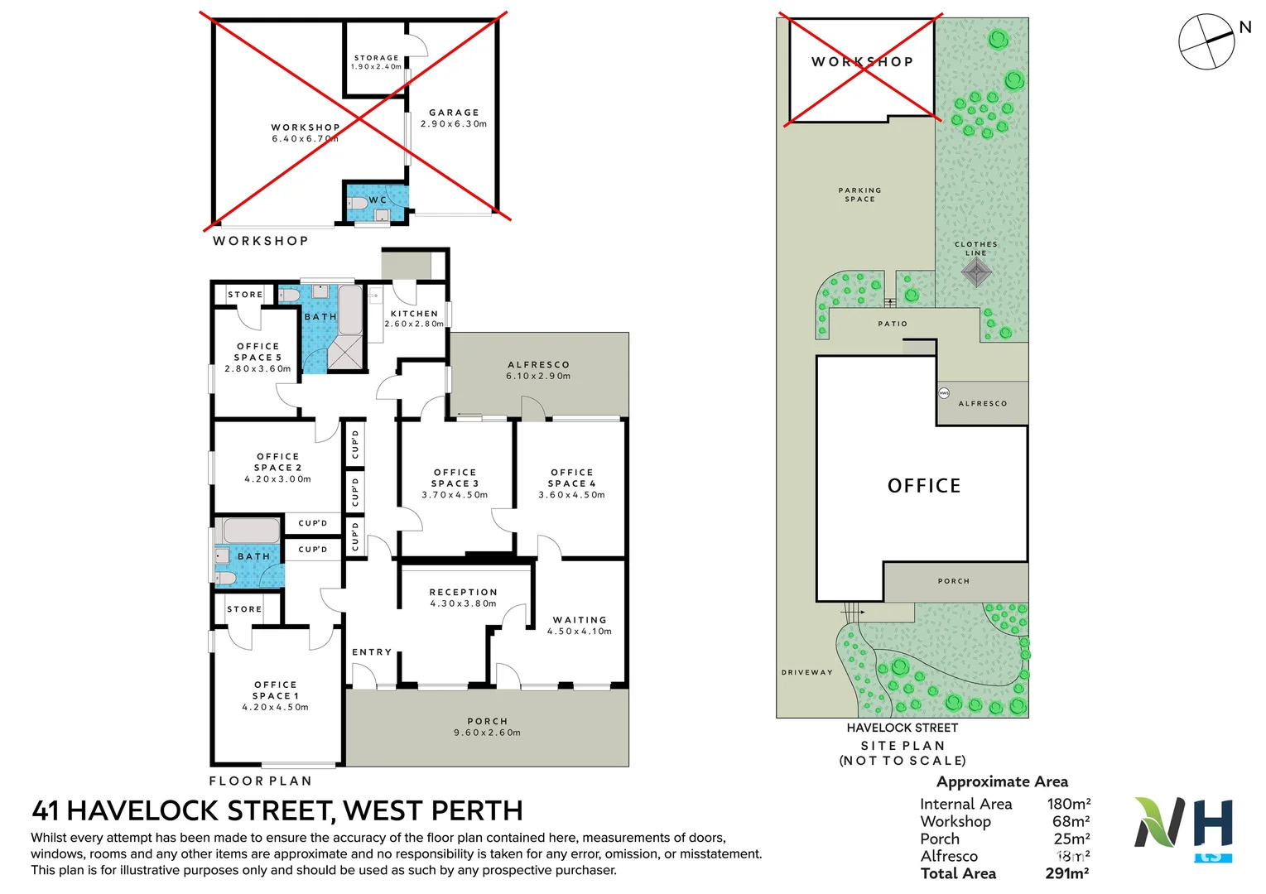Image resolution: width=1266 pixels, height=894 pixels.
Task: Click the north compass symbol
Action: (1208, 41)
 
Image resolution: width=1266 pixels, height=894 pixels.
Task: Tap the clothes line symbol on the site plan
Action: (976, 272)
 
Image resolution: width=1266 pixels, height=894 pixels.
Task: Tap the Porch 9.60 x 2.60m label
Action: (487, 727)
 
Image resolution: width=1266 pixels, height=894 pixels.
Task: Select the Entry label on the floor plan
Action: (372, 652)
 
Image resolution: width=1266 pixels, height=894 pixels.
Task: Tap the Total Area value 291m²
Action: (1066, 873)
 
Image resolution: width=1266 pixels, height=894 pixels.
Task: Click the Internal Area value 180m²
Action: (1069, 804)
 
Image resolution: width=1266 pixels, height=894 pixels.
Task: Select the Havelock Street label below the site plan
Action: (902, 728)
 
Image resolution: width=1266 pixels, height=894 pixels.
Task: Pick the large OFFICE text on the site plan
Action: (924, 486)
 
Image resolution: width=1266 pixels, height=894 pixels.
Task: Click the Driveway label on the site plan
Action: (806, 672)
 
